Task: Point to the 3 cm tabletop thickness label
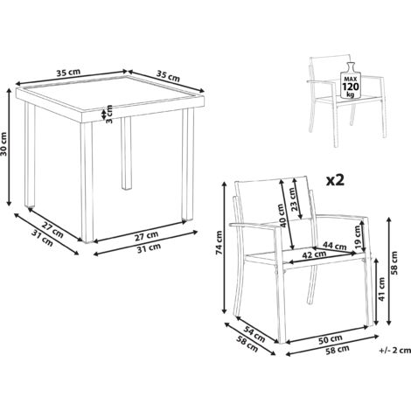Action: click(x=109, y=114)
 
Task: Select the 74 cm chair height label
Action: click(x=219, y=242)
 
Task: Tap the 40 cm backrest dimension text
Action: click(x=281, y=216)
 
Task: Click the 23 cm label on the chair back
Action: click(x=294, y=199)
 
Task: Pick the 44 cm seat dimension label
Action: click(x=335, y=246)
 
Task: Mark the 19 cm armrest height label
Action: click(x=358, y=235)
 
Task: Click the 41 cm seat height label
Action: click(x=382, y=289)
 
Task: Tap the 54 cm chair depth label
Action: click(x=254, y=334)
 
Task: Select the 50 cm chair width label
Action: click(x=330, y=338)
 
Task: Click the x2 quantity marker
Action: click(x=335, y=181)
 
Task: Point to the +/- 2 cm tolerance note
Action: click(x=394, y=350)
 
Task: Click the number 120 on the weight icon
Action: click(x=351, y=87)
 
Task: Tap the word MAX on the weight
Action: click(x=351, y=79)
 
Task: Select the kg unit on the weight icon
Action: click(x=351, y=94)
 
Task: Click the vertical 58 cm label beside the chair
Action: click(x=394, y=262)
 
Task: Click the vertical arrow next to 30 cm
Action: click(x=10, y=148)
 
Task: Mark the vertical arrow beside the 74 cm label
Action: click(x=225, y=247)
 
